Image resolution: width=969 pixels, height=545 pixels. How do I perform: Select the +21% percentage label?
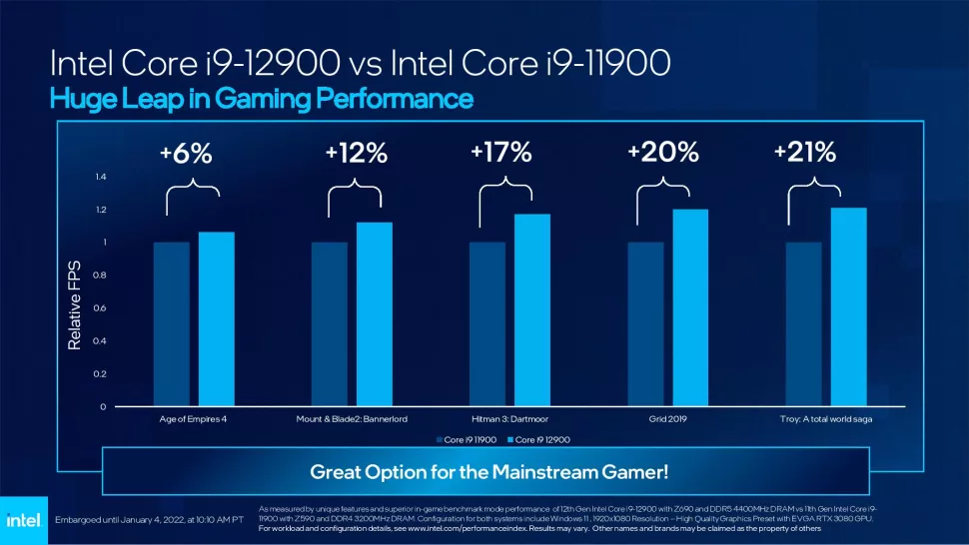pos(805,153)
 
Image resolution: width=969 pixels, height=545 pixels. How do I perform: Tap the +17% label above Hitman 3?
pos(500,153)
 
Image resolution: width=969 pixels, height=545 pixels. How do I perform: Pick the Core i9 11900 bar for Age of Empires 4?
pos(171,323)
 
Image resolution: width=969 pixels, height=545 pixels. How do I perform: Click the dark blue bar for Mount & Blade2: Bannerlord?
pos(330,323)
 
